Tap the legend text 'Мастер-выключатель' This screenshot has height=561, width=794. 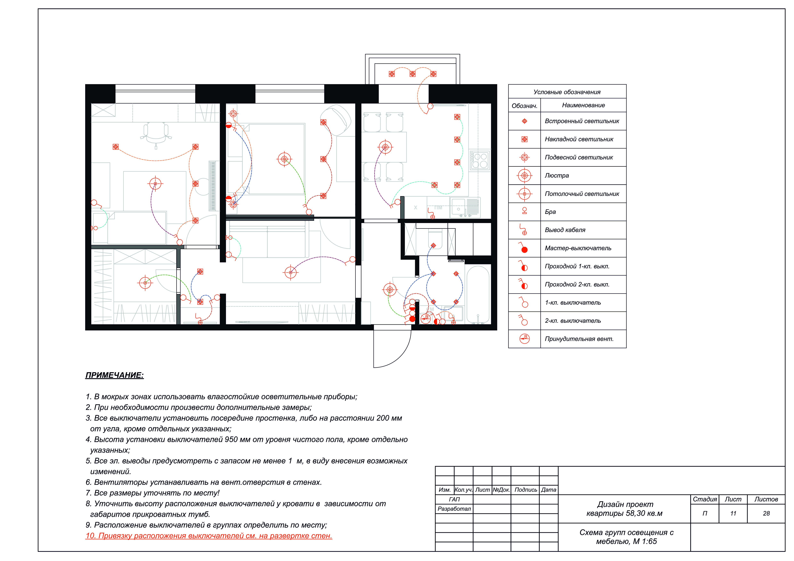pos(578,248)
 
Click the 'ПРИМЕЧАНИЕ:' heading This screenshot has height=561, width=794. pos(115,375)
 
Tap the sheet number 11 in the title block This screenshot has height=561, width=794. pos(733,514)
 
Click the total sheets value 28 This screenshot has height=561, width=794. pos(766,514)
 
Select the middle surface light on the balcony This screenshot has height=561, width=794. pos(413,74)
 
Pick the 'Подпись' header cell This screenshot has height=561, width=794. pos(526,490)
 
